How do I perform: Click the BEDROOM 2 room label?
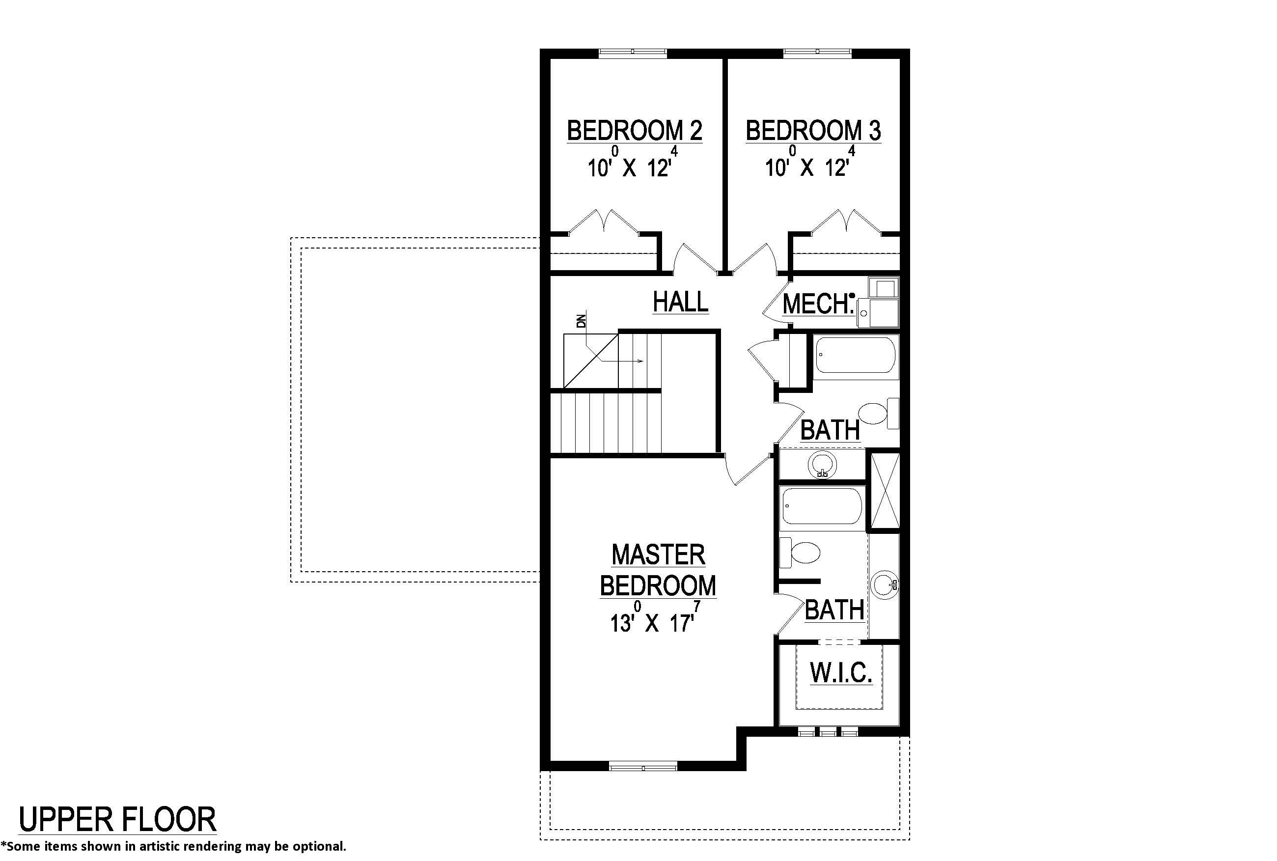(634, 131)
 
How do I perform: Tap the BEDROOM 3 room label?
(813, 131)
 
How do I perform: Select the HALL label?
(680, 302)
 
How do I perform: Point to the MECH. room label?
(817, 304)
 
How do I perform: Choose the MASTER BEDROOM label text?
(658, 570)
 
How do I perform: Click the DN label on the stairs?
(582, 321)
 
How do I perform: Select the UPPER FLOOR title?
(117, 820)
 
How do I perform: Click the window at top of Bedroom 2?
(633, 52)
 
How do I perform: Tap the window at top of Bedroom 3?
(817, 52)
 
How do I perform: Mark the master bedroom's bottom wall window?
(643, 766)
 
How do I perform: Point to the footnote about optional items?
(173, 846)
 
